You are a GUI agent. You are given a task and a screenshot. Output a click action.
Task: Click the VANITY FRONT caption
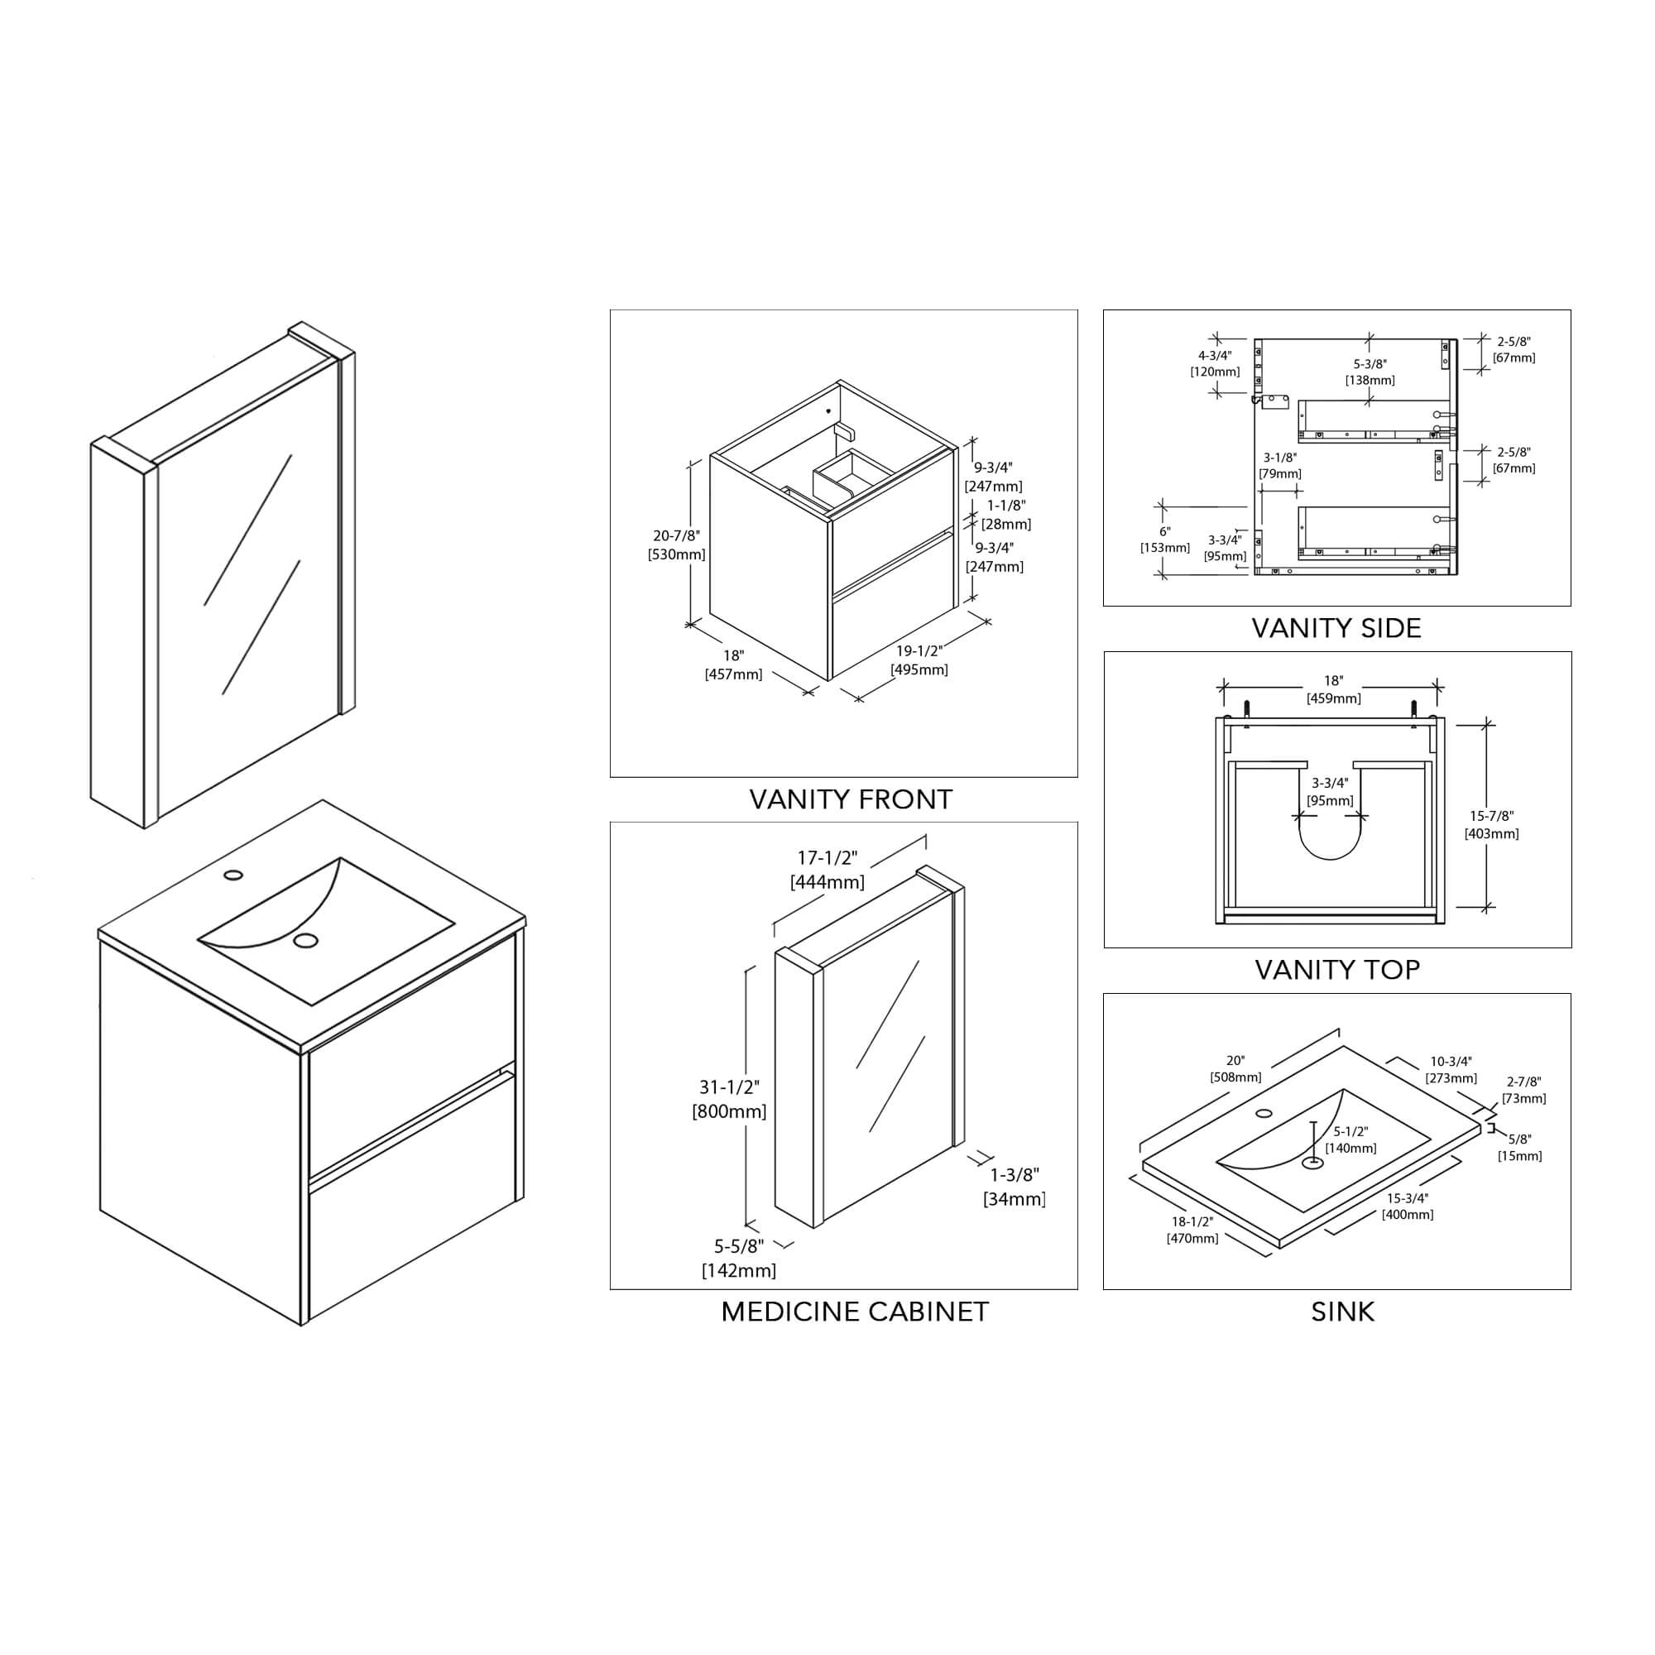pos(850,800)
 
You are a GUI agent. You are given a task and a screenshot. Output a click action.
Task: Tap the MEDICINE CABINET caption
pos(854,1312)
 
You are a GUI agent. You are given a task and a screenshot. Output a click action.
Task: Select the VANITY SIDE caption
pos(1336,628)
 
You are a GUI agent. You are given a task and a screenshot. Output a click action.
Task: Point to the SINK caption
pos(1341,1312)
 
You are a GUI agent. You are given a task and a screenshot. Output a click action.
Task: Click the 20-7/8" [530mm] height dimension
pos(676,544)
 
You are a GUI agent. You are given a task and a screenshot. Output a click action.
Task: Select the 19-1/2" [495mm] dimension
pos(919,660)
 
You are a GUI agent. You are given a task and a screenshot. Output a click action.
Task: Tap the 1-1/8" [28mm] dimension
pos(1005,515)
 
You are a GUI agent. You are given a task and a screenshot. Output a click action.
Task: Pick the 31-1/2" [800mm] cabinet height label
pos(729,1099)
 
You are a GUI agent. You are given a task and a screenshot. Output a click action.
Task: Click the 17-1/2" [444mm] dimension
pos(827,870)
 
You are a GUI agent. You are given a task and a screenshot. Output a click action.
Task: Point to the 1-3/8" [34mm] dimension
pos(1015,1187)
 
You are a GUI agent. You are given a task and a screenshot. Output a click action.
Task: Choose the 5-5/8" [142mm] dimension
pos(738,1259)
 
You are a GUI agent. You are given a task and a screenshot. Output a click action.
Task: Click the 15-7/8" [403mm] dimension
pos(1491,824)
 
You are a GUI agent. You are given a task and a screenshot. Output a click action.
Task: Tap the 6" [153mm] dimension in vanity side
pos(1164,540)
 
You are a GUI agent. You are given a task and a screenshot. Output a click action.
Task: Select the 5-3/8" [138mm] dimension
pos(1369,372)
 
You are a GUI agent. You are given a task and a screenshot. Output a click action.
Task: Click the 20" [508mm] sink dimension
pos(1235,1068)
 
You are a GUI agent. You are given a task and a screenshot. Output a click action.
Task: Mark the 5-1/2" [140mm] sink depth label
pos(1351,1139)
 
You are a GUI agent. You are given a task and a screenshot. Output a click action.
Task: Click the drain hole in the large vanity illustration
pos(305,941)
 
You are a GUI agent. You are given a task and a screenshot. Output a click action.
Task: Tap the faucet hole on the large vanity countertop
pos(233,875)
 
